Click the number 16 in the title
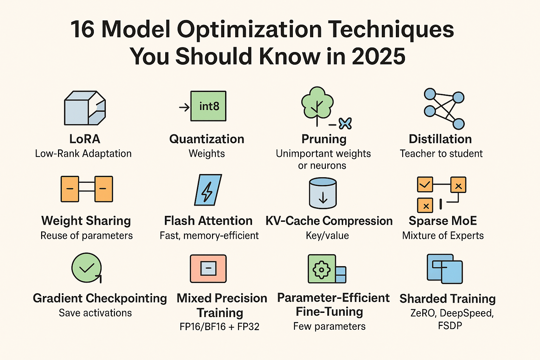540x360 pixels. click(x=83, y=29)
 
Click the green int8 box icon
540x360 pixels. click(x=208, y=106)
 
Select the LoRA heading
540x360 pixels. click(x=85, y=139)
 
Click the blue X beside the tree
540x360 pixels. click(x=345, y=123)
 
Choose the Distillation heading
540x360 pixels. click(x=440, y=139)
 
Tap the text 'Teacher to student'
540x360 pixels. click(x=441, y=154)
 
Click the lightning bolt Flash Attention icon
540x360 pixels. click(x=208, y=190)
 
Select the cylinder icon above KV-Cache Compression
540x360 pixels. click(x=323, y=193)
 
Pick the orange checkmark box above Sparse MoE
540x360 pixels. click(x=425, y=185)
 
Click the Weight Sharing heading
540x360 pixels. click(x=86, y=221)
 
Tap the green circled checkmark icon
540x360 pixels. click(x=86, y=268)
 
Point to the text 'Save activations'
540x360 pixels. click(x=95, y=313)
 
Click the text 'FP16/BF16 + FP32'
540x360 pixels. click(x=219, y=327)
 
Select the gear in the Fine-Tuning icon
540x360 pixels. click(x=321, y=270)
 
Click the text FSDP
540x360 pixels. click(x=450, y=326)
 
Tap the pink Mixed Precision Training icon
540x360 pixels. click(x=208, y=269)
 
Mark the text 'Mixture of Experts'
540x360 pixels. click(x=443, y=236)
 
